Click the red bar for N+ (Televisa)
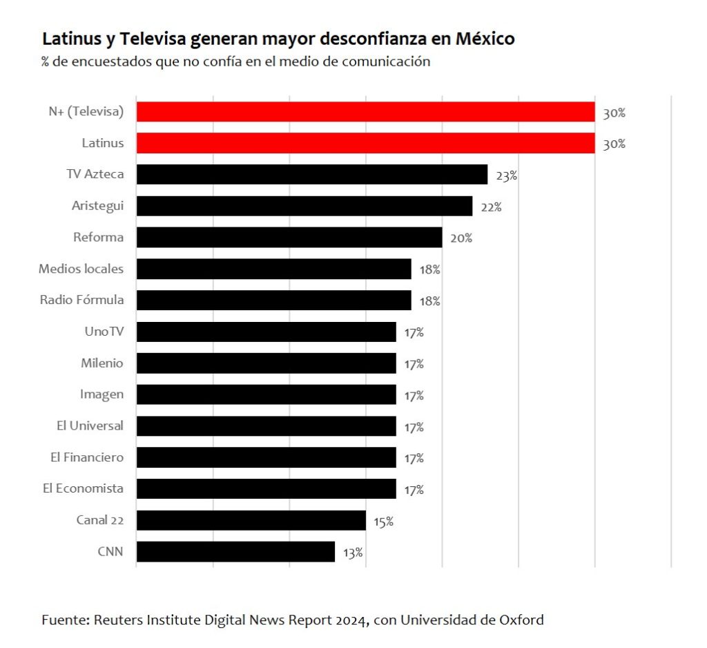click(365, 112)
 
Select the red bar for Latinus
click(365, 144)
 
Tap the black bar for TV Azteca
click(311, 174)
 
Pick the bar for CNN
click(235, 551)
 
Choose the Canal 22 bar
click(251, 520)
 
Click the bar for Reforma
click(289, 237)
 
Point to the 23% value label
click(506, 175)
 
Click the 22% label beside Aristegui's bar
click(491, 207)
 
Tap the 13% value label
click(353, 553)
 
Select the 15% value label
click(383, 522)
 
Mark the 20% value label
click(461, 238)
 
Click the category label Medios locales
click(81, 269)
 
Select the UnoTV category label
click(104, 332)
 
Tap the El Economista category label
click(83, 488)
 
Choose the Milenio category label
click(102, 363)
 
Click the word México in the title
click(485, 39)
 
